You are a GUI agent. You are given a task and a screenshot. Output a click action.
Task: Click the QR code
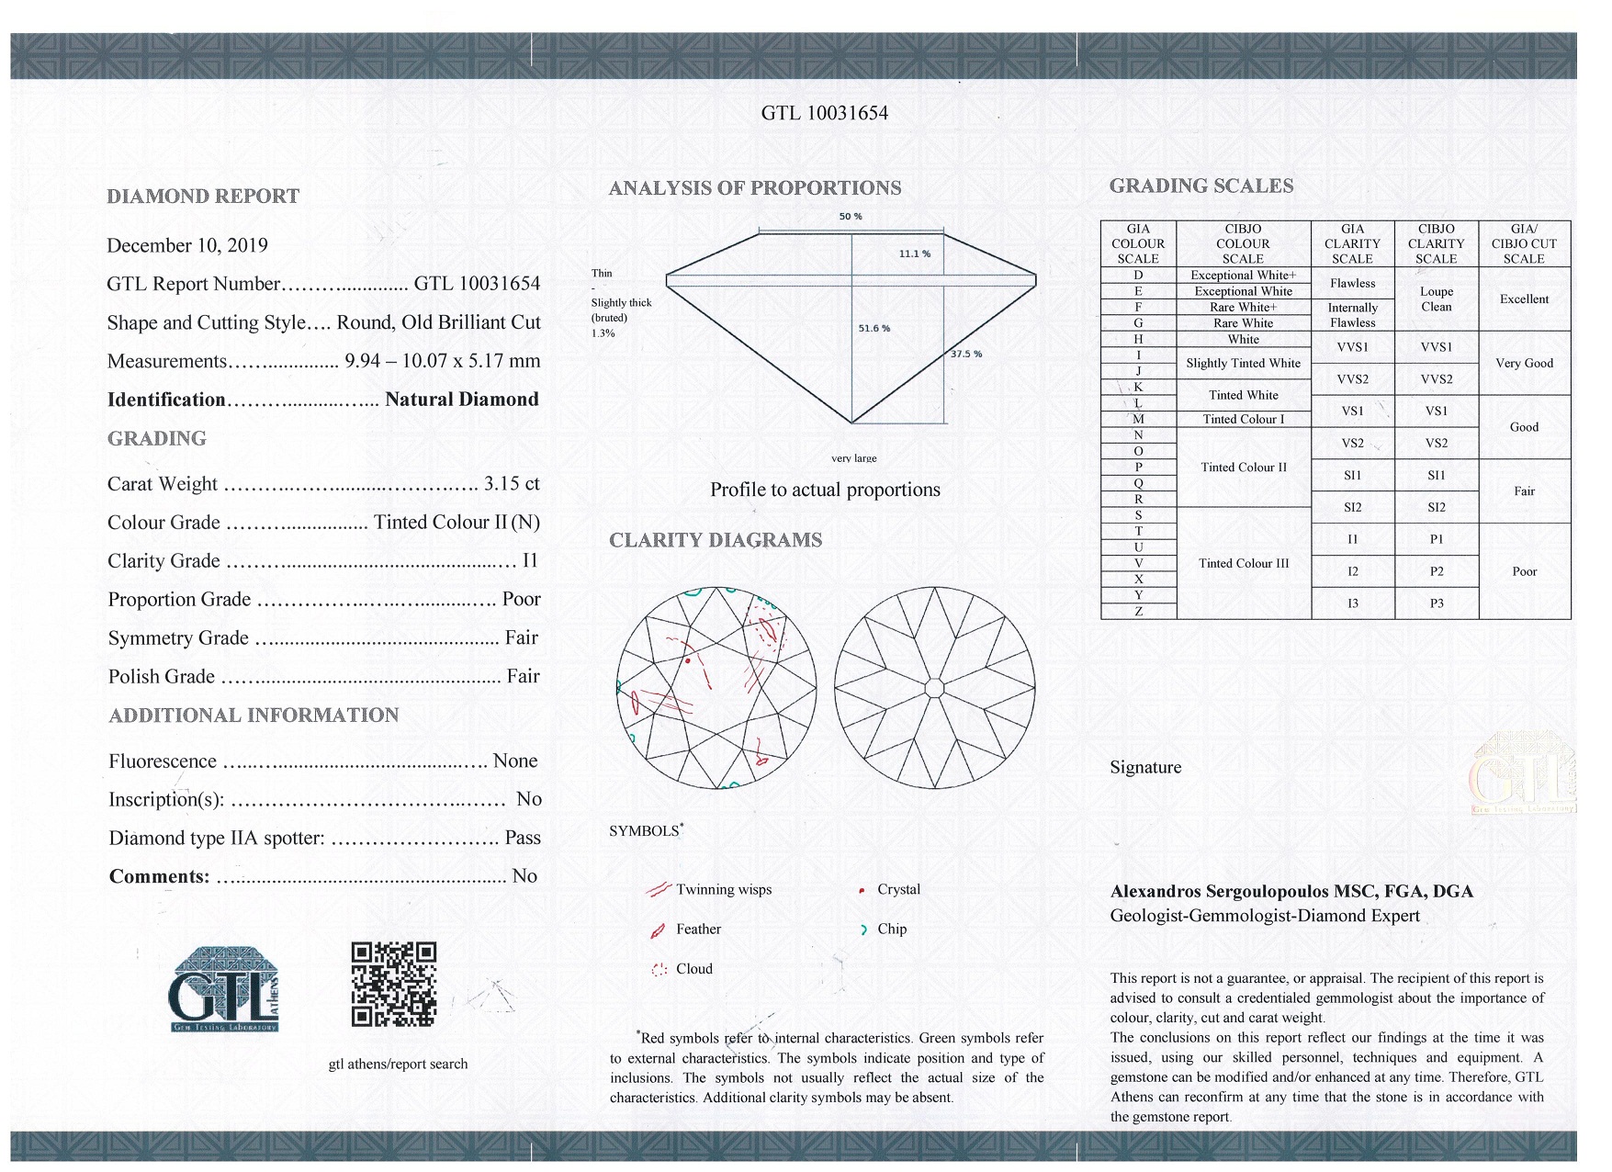(x=393, y=984)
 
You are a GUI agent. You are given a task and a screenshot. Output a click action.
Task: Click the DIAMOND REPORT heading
(x=203, y=196)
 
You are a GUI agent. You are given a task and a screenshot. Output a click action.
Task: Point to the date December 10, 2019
(x=187, y=245)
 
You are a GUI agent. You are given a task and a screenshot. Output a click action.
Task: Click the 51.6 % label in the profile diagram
(x=874, y=328)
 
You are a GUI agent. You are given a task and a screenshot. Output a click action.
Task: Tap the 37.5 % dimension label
(x=966, y=354)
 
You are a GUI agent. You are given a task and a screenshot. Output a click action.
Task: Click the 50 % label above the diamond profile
(x=851, y=217)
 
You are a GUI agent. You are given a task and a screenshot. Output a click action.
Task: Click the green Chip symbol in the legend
(x=863, y=930)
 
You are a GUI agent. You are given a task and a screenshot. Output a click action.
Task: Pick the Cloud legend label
(x=693, y=969)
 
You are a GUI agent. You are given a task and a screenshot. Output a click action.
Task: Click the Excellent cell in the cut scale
(x=1524, y=299)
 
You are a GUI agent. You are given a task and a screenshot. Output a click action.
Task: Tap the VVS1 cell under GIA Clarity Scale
(x=1352, y=347)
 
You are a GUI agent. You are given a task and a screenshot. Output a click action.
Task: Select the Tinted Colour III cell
(x=1243, y=563)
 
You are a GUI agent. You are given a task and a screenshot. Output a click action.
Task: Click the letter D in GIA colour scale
(x=1138, y=275)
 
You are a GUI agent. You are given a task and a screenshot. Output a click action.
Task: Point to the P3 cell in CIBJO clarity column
(x=1436, y=603)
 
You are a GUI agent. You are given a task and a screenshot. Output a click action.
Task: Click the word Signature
(x=1145, y=767)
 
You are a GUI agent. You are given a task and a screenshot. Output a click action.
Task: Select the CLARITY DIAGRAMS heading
(x=716, y=540)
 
